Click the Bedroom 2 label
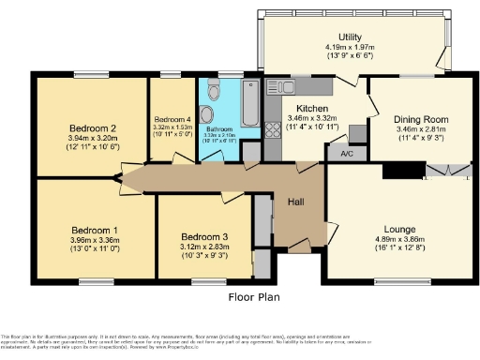click(92, 128)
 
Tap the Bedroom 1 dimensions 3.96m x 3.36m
click(95, 240)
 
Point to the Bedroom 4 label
click(172, 120)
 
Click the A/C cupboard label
click(346, 154)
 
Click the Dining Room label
click(410, 119)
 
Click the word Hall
click(294, 202)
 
